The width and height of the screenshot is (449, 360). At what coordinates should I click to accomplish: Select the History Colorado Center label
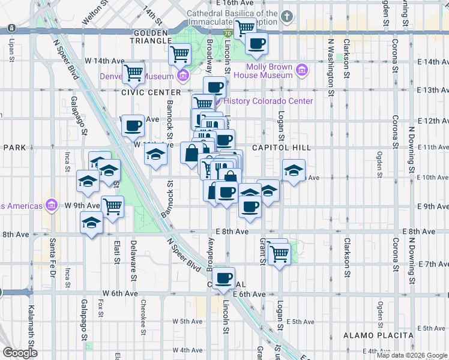pos(267,101)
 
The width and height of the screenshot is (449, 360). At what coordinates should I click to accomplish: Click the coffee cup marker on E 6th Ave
pos(224,278)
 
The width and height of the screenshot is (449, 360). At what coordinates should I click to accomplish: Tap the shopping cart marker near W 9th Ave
pos(113,206)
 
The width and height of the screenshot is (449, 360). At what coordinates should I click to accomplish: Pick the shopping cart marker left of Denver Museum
pos(133,73)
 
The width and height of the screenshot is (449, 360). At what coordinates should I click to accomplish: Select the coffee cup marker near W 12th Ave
pos(133,125)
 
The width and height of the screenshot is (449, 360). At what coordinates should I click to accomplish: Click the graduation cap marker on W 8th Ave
pos(91,223)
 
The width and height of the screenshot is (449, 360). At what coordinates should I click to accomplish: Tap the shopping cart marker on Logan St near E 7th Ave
pos(279,254)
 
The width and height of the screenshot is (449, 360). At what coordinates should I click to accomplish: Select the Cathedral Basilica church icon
pos(288,16)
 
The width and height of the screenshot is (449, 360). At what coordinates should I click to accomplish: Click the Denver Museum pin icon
pos(183,76)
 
